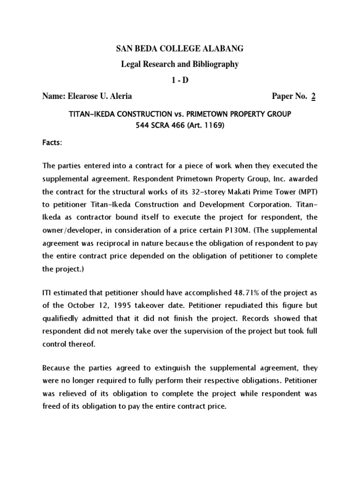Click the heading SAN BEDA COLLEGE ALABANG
pyautogui.click(x=180, y=49)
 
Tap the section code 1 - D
pyautogui.click(x=180, y=80)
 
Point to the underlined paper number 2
pyautogui.click(x=314, y=96)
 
